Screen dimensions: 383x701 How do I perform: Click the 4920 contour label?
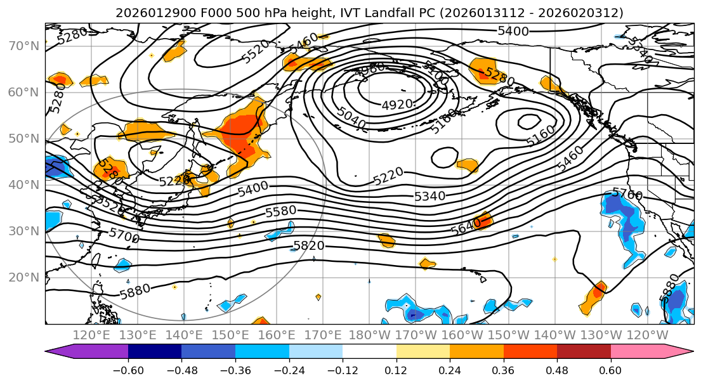click(x=397, y=105)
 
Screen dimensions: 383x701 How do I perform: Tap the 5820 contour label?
click(x=309, y=245)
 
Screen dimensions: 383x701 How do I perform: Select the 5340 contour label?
click(x=429, y=197)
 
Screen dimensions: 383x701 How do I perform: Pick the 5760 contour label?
click(x=627, y=194)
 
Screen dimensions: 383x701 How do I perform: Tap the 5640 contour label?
click(x=465, y=228)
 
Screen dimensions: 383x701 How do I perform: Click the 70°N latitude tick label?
click(x=23, y=46)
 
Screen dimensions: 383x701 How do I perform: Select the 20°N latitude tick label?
click(x=23, y=277)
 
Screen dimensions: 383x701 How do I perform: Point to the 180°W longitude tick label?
click(x=370, y=335)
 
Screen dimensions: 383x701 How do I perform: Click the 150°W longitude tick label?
click(x=508, y=335)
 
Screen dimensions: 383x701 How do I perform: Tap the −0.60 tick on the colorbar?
click(x=128, y=370)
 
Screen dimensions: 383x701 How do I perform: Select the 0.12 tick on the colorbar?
click(x=396, y=370)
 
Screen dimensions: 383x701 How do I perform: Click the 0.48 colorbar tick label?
click(x=557, y=370)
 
